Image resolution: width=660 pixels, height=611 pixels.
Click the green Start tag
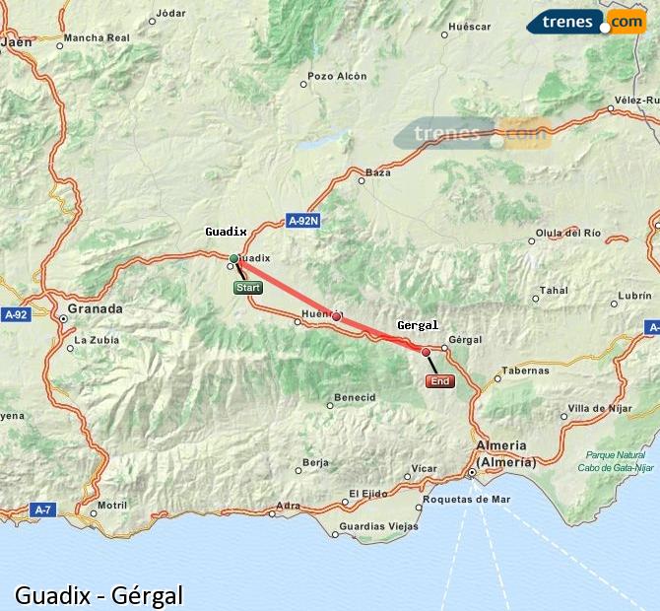[247, 288]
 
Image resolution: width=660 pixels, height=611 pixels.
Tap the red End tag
[439, 381]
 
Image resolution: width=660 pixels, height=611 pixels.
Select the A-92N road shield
[303, 221]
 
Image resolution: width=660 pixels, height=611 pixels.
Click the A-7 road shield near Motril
[41, 509]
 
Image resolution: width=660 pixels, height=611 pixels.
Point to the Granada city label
[95, 308]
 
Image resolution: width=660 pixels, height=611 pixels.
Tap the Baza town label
[377, 172]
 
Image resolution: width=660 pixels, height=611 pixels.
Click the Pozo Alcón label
[337, 76]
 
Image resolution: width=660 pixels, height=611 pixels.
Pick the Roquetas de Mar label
[465, 499]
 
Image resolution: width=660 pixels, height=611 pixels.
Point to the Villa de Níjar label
[599, 408]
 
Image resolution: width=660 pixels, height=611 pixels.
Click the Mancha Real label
[97, 37]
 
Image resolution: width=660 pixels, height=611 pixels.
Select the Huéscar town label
[469, 27]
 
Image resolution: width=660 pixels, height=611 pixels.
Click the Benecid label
[355, 397]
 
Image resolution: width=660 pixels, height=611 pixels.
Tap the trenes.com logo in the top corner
[585, 21]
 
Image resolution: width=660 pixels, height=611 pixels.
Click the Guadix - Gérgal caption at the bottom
[99, 595]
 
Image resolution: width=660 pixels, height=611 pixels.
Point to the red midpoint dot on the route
[336, 316]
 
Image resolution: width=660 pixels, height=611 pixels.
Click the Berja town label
[315, 461]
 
